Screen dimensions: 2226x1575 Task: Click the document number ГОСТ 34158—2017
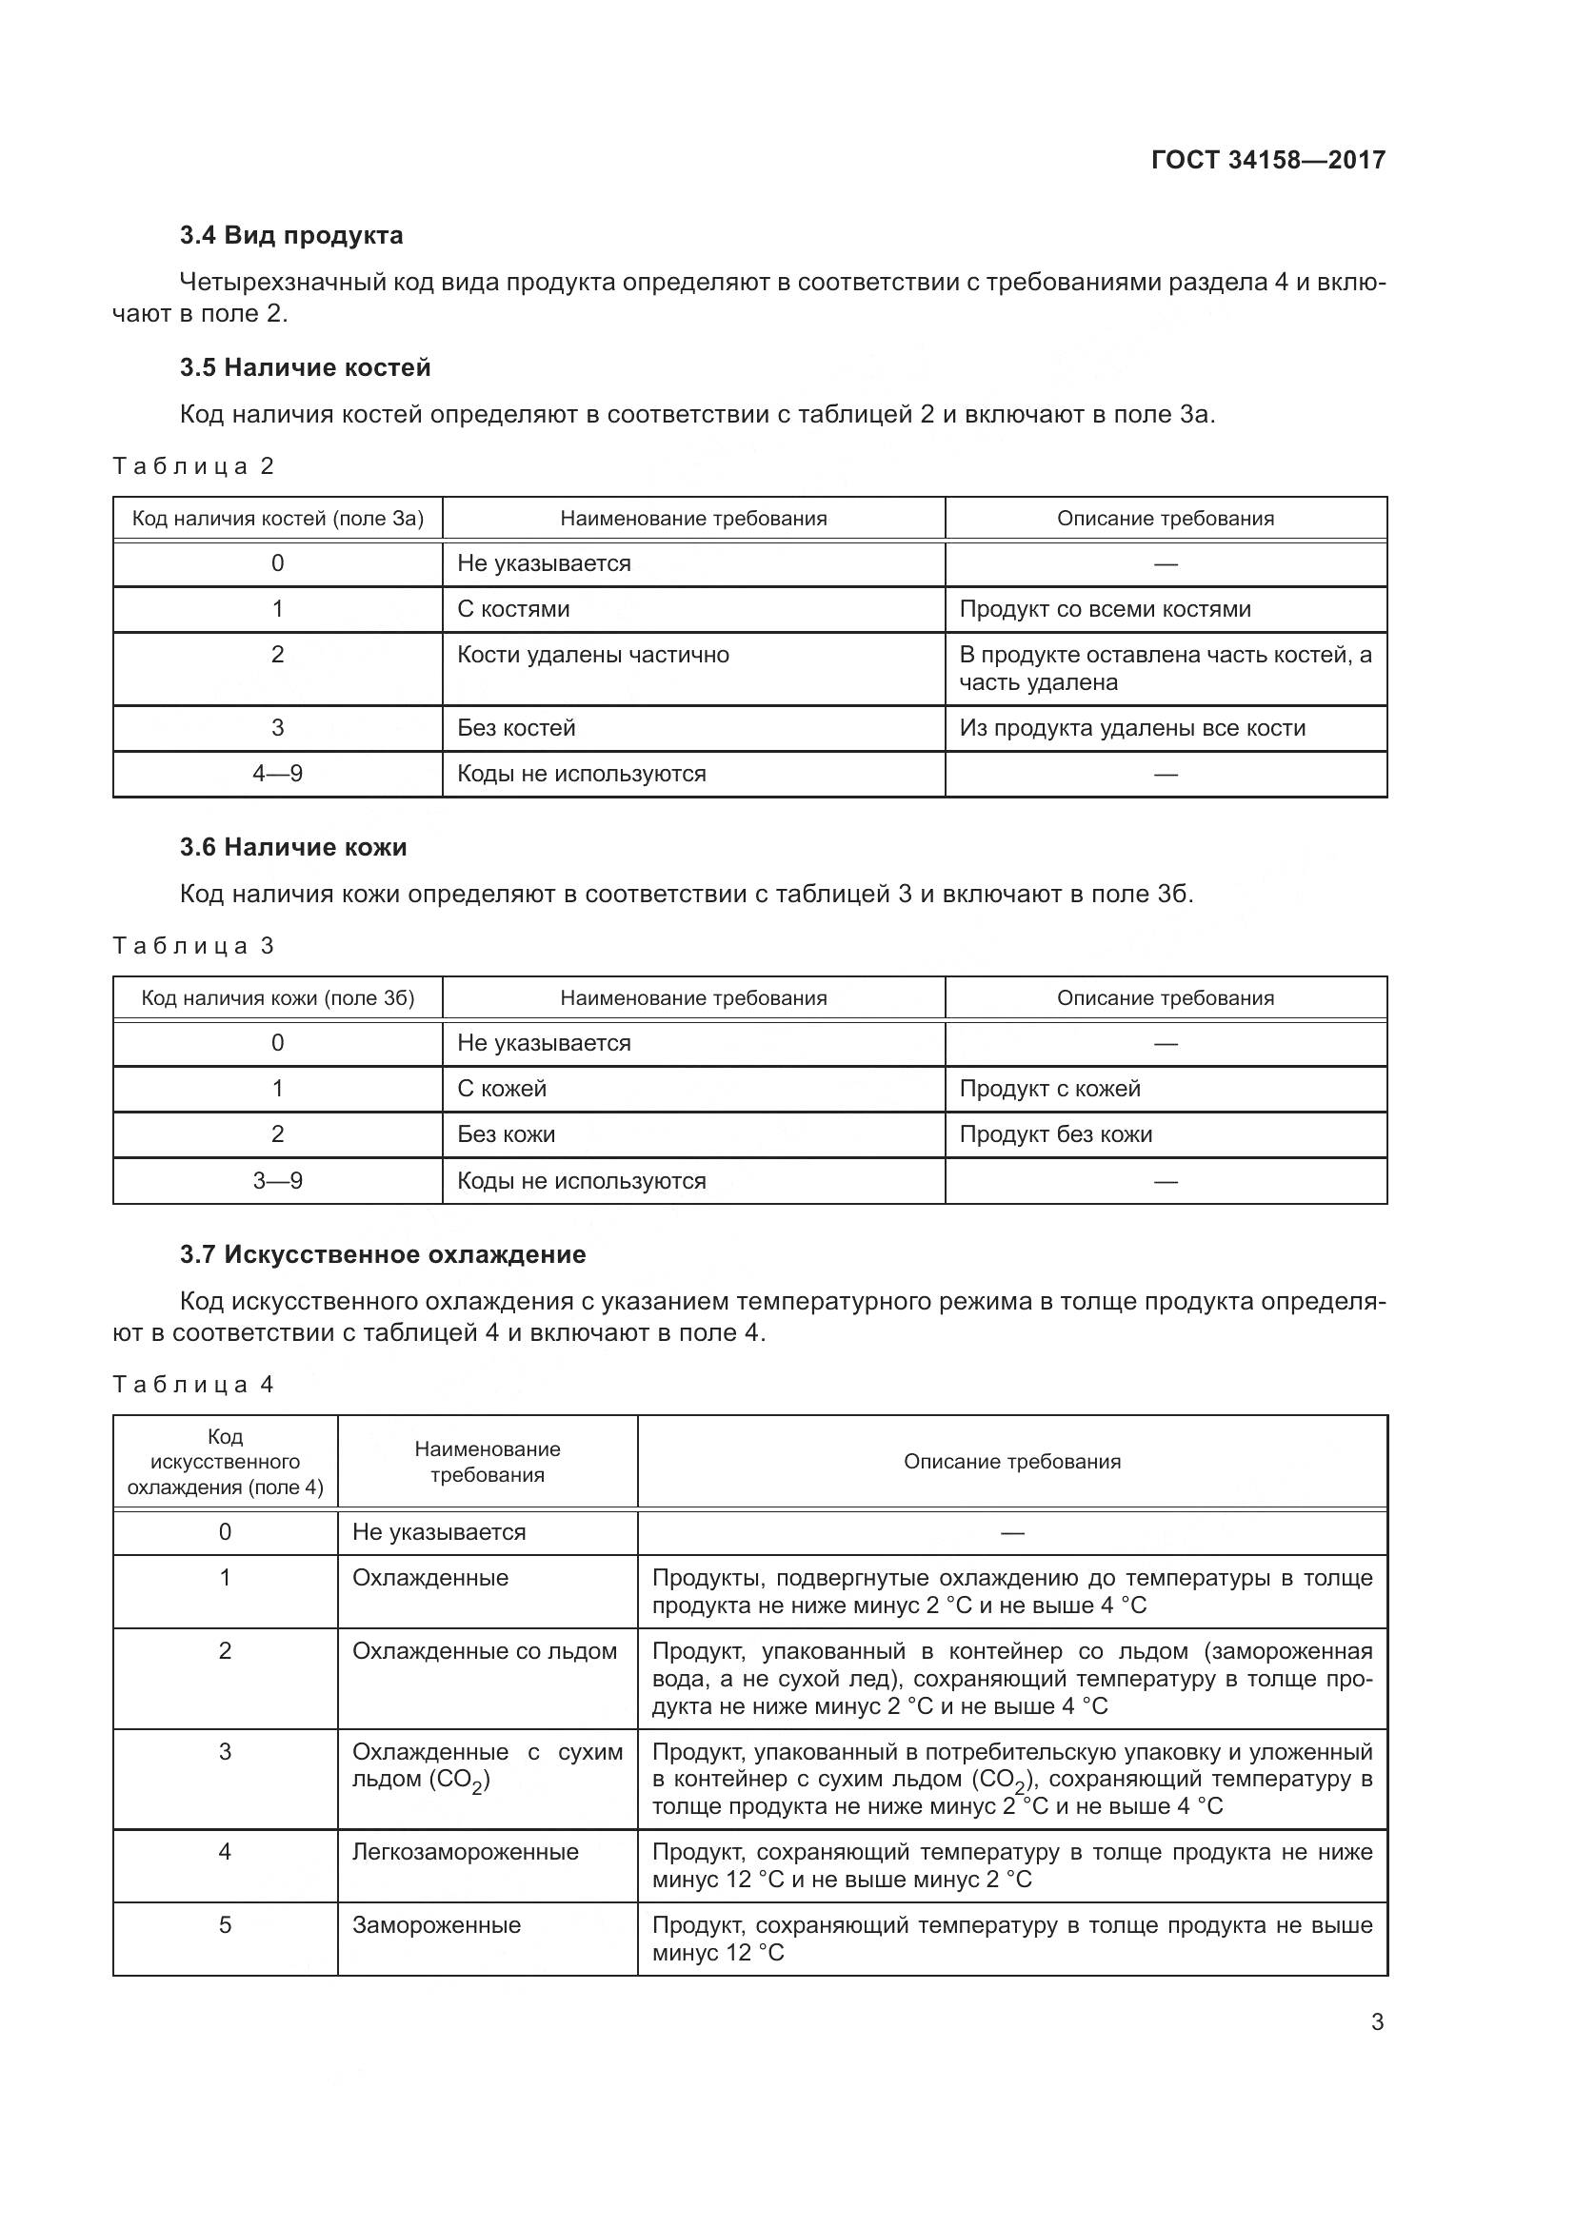pyautogui.click(x=1267, y=160)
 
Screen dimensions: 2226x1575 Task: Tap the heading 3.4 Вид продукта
pyautogui.click(x=291, y=236)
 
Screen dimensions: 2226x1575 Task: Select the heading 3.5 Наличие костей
pyautogui.click(x=305, y=367)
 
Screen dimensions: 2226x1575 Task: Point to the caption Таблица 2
pyautogui.click(x=193, y=466)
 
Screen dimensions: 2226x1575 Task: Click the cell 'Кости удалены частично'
pyautogui.click(x=592, y=656)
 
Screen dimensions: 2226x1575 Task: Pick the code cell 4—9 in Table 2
pyautogui.click(x=277, y=774)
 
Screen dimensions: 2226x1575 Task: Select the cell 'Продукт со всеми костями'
pyautogui.click(x=1105, y=609)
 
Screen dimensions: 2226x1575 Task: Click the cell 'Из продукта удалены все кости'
pyautogui.click(x=1132, y=728)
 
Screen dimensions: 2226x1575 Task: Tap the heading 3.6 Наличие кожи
pyautogui.click(x=293, y=847)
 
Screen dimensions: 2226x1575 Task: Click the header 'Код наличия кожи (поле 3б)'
pyautogui.click(x=277, y=998)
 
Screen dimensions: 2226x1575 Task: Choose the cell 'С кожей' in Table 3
pyautogui.click(x=502, y=1089)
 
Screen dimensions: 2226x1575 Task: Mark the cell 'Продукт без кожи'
pyautogui.click(x=1055, y=1134)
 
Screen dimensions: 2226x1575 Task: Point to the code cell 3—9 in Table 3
pyautogui.click(x=277, y=1181)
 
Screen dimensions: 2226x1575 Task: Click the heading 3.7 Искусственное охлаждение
pyautogui.click(x=382, y=1254)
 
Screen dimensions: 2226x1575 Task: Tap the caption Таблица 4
pyautogui.click(x=193, y=1385)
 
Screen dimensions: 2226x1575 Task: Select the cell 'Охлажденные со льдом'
pyautogui.click(x=484, y=1651)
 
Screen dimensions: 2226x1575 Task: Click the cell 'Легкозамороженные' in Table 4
pyautogui.click(x=465, y=1852)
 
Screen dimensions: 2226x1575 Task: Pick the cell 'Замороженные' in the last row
pyautogui.click(x=436, y=1925)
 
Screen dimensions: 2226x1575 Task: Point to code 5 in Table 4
pyautogui.click(x=225, y=1925)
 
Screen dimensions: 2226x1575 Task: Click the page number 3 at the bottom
pyautogui.click(x=1376, y=2022)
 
